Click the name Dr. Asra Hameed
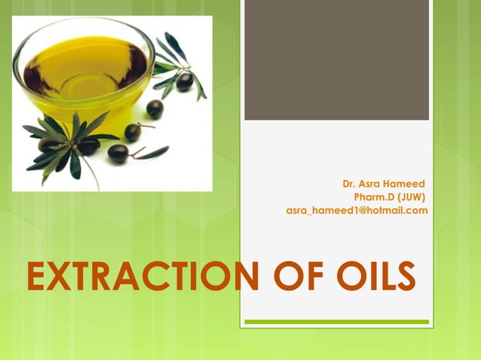pyautogui.click(x=383, y=183)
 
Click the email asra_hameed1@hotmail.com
pyautogui.click(x=357, y=210)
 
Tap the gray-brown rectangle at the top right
pyautogui.click(x=336, y=60)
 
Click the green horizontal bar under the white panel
pyautogui.click(x=336, y=322)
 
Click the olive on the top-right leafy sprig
pyautogui.click(x=184, y=81)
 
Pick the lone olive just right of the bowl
pyautogui.click(x=155, y=108)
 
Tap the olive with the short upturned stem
pyautogui.click(x=133, y=132)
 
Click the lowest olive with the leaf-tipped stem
pyautogui.click(x=118, y=153)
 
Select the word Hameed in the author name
pyautogui.click(x=404, y=183)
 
